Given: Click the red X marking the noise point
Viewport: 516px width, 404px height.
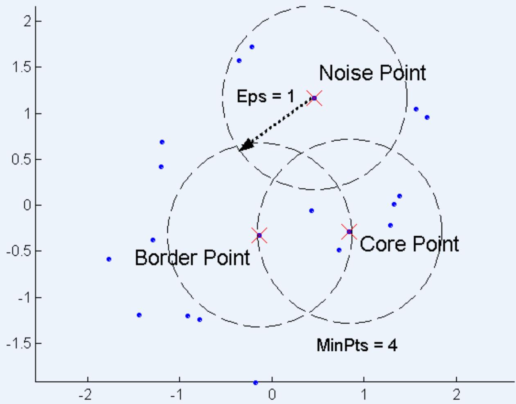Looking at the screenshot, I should point(314,98).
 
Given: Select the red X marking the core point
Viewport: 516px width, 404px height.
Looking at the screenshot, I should point(349,232).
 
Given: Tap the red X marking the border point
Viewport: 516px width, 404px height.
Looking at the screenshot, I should point(259,235).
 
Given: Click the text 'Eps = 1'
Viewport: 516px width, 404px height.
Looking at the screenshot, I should point(265,97).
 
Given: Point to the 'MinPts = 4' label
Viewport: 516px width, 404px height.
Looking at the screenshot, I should point(357,346).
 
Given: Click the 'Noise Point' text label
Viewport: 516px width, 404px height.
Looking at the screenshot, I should point(372,73).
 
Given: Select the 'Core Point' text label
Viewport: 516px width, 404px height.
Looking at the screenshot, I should point(409,244).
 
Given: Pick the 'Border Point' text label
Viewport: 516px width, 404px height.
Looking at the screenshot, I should point(192,258).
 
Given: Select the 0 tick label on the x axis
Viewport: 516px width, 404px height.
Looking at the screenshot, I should point(272,395).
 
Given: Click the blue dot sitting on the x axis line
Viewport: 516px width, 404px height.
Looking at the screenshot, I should point(256,383).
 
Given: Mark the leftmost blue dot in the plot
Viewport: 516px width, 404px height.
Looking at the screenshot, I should point(109,259).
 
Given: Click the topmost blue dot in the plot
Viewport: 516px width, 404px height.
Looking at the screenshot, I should point(252,47).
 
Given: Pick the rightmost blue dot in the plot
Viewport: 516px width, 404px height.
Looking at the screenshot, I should point(427,117).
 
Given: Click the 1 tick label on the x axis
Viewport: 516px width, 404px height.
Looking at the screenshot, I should point(364,395).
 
